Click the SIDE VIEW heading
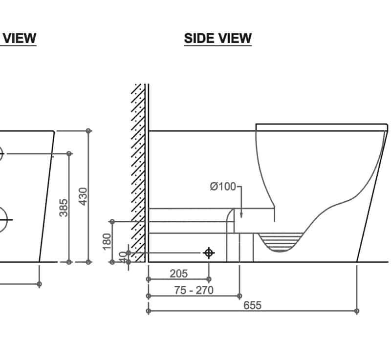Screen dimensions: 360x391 [217, 38]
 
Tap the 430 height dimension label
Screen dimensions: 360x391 [83, 196]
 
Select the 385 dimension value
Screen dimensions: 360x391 [64, 207]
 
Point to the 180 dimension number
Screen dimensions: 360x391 [108, 241]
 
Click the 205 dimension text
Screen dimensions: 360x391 [178, 274]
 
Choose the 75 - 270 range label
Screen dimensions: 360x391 [194, 290]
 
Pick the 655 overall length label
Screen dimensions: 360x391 [252, 305]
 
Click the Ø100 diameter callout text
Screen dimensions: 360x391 [222, 187]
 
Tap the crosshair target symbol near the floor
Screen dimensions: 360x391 [209, 253]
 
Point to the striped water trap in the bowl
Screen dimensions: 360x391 [280, 243]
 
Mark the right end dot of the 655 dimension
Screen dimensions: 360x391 [357, 311]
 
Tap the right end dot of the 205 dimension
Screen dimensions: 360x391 [209, 279]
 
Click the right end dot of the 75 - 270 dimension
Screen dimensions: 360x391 [239, 296]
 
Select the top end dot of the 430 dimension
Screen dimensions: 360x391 [88, 131]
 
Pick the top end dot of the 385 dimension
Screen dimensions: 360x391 [69, 153]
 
